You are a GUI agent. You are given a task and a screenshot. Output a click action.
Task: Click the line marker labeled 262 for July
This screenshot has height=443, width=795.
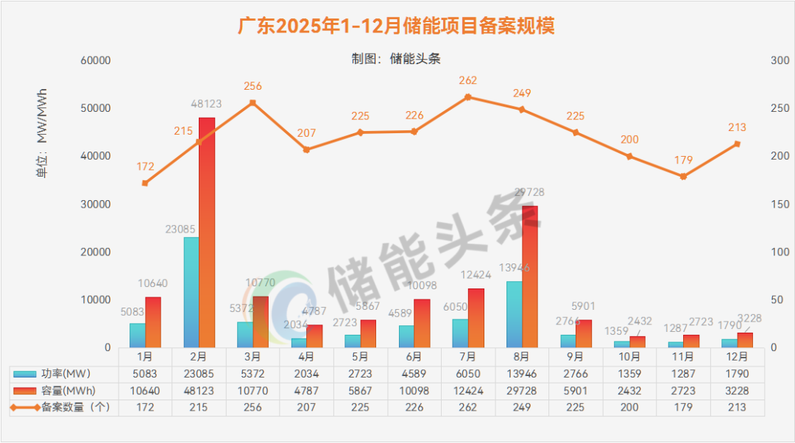coord(467,97)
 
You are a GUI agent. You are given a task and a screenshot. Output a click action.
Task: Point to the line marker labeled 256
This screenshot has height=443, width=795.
coord(252,103)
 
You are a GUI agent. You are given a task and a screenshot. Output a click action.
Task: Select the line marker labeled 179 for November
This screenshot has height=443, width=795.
coord(683,177)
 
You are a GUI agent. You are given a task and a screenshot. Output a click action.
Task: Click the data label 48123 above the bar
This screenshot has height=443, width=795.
coord(206,104)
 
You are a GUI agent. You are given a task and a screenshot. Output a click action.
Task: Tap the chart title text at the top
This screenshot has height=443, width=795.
coord(396,26)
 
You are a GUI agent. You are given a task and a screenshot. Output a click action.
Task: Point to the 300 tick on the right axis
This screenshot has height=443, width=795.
coord(779,60)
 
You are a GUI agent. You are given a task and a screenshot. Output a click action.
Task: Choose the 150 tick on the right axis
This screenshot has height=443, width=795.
coord(779,204)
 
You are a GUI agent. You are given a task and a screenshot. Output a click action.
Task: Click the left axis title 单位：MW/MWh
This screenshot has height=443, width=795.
coord(42,134)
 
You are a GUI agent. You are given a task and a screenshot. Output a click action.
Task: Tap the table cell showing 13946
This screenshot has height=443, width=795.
coord(522,374)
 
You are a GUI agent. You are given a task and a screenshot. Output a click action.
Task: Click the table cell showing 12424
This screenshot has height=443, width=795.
coord(468,390)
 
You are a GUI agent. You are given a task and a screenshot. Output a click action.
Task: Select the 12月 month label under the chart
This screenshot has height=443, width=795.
coord(737,357)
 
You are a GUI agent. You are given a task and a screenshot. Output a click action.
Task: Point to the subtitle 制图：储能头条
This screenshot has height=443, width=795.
coord(396,59)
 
